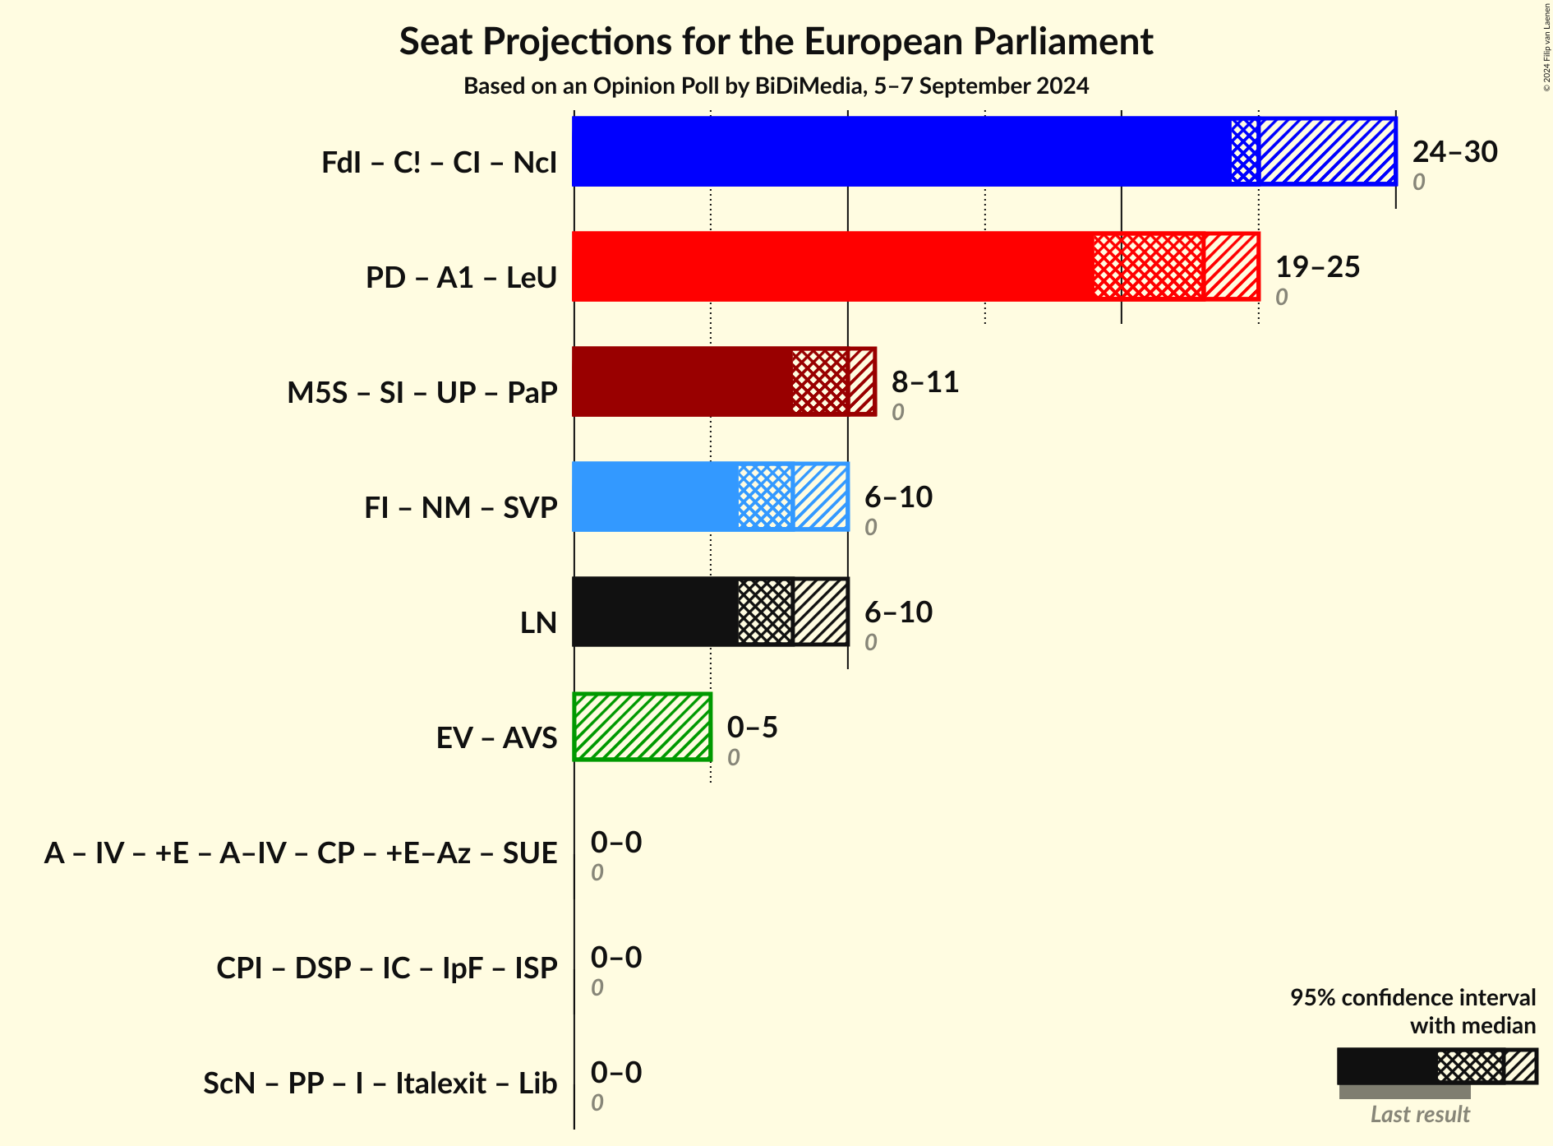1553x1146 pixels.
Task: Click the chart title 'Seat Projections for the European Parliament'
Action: [x=776, y=41]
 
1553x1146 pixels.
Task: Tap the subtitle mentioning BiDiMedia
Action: [x=776, y=85]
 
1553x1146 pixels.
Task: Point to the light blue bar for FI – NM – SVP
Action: [x=655, y=497]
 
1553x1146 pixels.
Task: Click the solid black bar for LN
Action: [x=655, y=612]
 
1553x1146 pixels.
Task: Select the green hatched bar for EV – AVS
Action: [x=642, y=727]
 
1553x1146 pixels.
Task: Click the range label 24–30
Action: [x=1454, y=151]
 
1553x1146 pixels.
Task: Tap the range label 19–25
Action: [x=1317, y=266]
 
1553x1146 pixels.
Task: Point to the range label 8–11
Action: [x=925, y=381]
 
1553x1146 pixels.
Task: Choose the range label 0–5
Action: [x=752, y=727]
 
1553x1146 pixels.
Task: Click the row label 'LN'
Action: [x=538, y=622]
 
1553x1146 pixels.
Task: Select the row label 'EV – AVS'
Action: [x=496, y=737]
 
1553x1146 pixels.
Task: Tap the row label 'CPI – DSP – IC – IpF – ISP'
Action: [x=386, y=968]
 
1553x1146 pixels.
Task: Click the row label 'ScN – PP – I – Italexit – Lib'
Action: [x=380, y=1083]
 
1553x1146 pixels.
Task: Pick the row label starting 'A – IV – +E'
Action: [x=301, y=853]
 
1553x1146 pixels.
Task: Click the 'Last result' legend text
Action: [x=1419, y=1114]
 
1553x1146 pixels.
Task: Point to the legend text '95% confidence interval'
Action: [x=1412, y=997]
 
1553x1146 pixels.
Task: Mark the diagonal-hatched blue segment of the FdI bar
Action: [x=1327, y=151]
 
